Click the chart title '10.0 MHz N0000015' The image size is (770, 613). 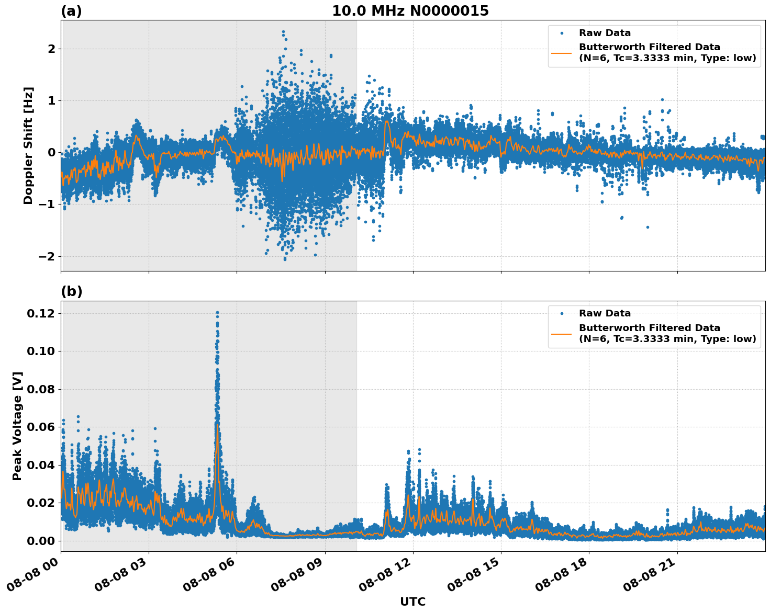pos(410,11)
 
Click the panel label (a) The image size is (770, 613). pos(71,11)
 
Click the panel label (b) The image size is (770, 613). pos(71,291)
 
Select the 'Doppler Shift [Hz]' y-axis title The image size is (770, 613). pos(28,145)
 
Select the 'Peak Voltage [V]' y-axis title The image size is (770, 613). pos(17,426)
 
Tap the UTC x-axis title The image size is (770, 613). pos(412,601)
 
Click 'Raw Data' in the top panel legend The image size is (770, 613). pos(605,33)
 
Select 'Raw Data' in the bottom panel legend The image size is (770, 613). pos(605,313)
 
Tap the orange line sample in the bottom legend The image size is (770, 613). pos(562,333)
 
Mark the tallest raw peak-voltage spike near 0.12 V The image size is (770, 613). pos(217,313)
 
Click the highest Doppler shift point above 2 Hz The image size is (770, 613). pos(283,32)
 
